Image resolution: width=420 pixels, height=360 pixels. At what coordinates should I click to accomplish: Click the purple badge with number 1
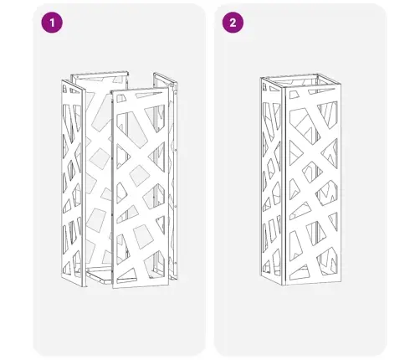coord(52,23)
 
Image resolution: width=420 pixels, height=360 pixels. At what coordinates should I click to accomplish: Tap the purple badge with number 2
coord(233,23)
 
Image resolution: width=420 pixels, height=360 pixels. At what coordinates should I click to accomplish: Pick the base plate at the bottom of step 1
coord(100,275)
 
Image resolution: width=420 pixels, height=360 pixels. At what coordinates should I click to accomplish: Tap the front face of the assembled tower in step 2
coord(313,186)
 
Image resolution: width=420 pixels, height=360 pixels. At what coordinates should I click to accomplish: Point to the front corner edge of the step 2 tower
coord(284,187)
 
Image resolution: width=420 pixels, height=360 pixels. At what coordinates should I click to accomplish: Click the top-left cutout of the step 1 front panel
coord(121,98)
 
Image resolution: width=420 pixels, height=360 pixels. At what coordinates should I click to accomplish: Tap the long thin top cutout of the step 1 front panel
coord(148,95)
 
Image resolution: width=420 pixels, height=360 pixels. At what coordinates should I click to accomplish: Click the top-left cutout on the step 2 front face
coord(294,95)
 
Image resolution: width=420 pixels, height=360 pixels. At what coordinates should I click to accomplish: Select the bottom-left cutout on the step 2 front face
coord(300,272)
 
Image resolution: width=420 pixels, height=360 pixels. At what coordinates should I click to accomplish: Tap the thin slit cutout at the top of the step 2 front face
coord(321,91)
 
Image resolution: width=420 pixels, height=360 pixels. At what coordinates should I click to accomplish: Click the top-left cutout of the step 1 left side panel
coord(64,89)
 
